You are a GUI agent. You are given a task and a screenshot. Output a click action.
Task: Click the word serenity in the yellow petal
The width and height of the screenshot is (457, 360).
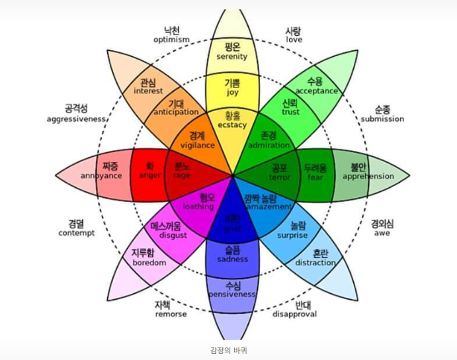(x=231, y=56)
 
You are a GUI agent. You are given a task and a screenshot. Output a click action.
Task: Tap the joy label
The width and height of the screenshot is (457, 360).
(x=232, y=93)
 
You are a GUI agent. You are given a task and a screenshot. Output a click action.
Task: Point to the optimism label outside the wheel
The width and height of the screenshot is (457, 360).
(x=171, y=39)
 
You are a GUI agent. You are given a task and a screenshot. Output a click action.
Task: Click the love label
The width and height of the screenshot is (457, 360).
(x=294, y=39)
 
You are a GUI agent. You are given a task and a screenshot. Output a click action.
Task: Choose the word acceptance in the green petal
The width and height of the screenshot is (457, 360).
(x=316, y=91)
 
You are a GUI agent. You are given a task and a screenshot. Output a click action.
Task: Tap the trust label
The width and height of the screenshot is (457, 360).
(x=290, y=112)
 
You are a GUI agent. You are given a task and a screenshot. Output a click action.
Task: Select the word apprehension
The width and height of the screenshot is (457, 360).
(x=368, y=176)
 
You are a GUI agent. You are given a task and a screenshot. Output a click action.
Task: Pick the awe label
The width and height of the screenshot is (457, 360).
(x=382, y=233)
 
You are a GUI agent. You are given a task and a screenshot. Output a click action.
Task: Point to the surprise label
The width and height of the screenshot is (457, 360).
(x=292, y=235)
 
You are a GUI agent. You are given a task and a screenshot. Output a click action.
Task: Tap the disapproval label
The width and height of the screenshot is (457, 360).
(x=294, y=314)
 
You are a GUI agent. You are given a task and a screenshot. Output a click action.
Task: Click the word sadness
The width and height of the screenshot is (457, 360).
(x=232, y=259)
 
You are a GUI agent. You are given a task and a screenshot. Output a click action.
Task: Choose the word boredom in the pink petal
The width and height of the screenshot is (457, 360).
(x=149, y=262)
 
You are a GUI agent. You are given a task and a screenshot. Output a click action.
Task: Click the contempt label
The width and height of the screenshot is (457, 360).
(x=77, y=233)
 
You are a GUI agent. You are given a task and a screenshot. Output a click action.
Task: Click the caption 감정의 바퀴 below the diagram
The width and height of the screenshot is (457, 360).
(x=228, y=349)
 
